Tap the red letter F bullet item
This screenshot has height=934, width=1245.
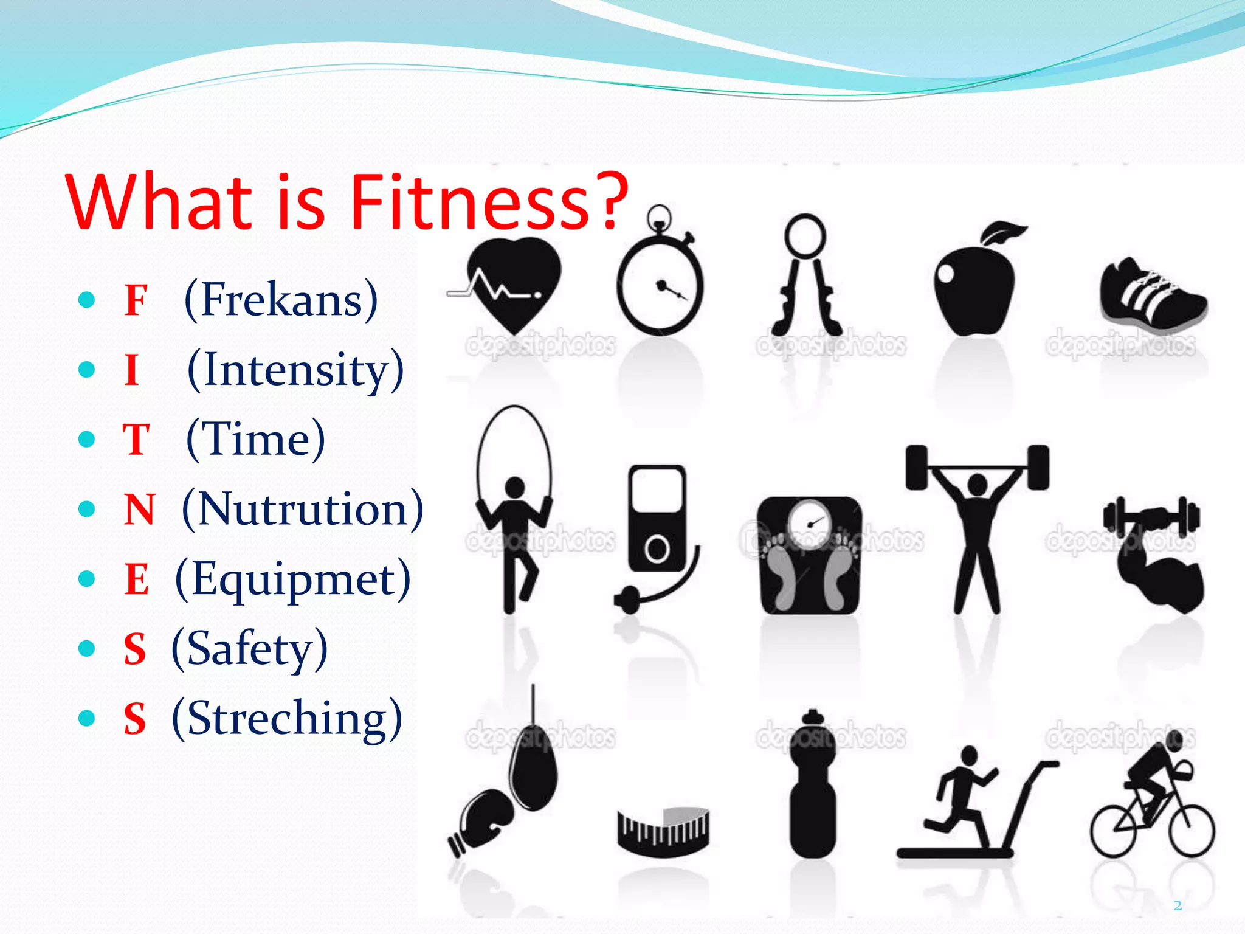[x=136, y=300]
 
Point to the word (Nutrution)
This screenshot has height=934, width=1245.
[x=302, y=509]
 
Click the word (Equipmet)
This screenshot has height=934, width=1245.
[x=292, y=579]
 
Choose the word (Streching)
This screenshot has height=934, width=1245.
[x=287, y=719]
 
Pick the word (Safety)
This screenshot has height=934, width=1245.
[x=249, y=649]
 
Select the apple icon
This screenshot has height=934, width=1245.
[x=975, y=286]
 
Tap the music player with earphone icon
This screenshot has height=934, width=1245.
[x=657, y=529]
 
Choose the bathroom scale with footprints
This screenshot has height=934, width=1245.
[x=810, y=555]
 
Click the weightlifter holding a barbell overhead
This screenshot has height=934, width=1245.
[x=977, y=523]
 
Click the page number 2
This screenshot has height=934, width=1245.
[x=1178, y=905]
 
